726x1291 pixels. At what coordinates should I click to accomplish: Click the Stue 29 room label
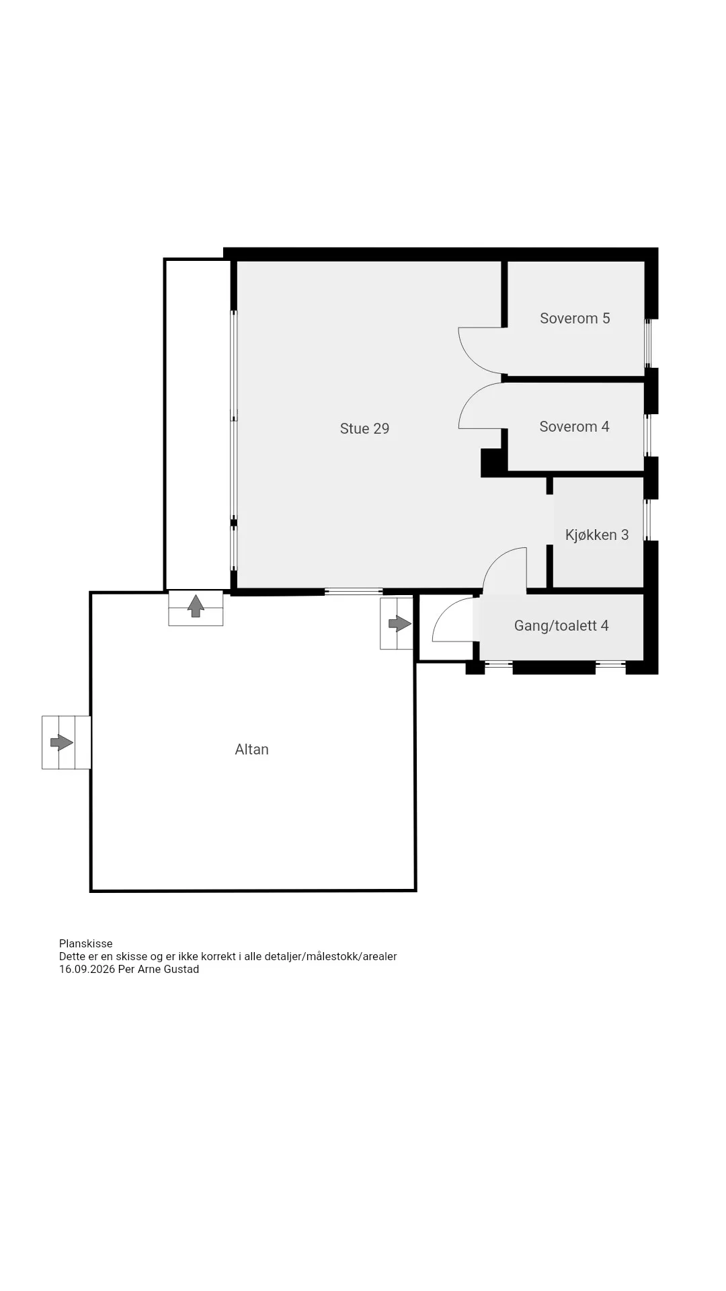(364, 428)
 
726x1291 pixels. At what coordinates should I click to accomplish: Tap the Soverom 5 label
(575, 318)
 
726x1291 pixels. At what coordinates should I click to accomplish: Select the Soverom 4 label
(574, 426)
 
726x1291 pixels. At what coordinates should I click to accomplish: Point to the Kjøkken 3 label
(597, 535)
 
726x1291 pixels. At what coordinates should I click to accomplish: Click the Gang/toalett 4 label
(561, 625)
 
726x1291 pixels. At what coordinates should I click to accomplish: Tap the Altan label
(251, 749)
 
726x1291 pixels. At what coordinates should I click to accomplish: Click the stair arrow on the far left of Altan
(62, 742)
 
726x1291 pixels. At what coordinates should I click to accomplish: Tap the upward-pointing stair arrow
(196, 606)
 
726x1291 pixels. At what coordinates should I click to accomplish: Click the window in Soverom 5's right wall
(648, 343)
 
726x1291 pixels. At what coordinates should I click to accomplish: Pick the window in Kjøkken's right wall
(647, 520)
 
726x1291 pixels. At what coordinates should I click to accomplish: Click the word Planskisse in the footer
(85, 943)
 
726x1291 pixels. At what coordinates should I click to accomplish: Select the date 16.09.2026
(87, 969)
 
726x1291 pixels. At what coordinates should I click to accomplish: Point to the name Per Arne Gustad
(159, 969)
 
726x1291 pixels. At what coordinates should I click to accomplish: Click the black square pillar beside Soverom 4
(493, 462)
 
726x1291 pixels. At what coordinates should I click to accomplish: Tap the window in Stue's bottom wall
(354, 592)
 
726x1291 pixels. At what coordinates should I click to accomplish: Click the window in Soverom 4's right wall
(647, 435)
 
